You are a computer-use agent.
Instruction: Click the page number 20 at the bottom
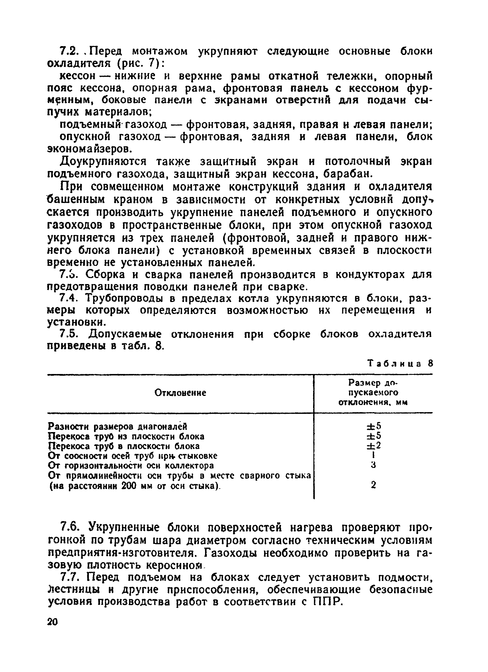(x=52, y=622)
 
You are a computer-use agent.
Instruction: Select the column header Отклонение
(x=180, y=393)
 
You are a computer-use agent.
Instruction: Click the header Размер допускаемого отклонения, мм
(x=373, y=393)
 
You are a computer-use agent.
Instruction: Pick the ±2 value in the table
(x=373, y=446)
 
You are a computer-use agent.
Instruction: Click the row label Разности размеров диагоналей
(x=117, y=426)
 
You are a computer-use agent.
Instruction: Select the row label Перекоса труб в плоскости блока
(x=124, y=446)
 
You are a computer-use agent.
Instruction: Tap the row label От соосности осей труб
(x=132, y=456)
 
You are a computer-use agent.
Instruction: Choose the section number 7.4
(x=69, y=298)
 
